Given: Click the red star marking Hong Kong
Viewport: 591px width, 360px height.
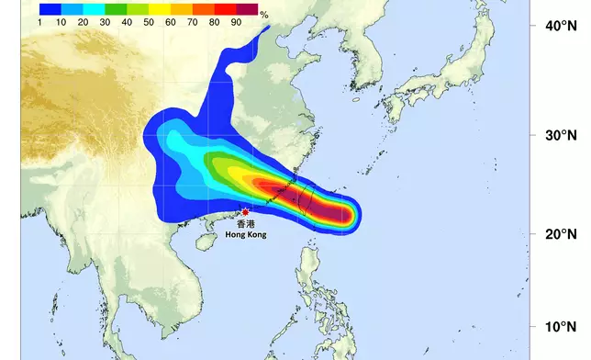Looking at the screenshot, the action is pyautogui.click(x=245, y=212).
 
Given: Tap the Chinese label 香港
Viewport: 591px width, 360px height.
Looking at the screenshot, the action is pyautogui.click(x=246, y=223).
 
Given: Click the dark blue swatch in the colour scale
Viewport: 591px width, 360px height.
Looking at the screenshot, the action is pyautogui.click(x=50, y=8).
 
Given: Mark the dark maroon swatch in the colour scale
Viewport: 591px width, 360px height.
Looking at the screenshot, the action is pyautogui.click(x=247, y=8).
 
